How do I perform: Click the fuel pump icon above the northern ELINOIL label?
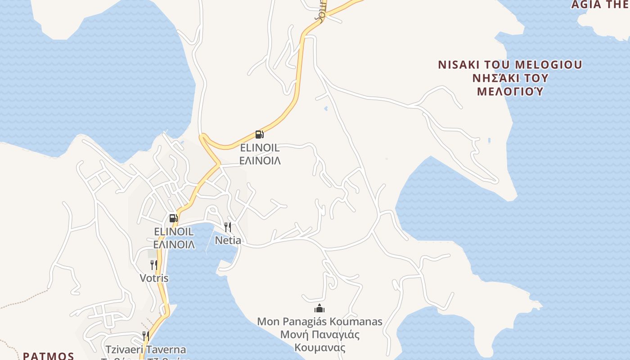point(259,134)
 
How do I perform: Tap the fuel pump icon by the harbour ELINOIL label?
point(173,218)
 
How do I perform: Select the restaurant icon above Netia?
point(228,227)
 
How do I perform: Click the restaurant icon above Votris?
point(154,265)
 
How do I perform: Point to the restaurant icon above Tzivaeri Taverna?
point(145,336)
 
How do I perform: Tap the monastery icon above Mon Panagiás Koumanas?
point(319,308)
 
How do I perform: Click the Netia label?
point(228,240)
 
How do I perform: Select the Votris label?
point(154,278)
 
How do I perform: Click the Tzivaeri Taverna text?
point(146,349)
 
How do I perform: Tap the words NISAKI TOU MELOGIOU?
point(510,64)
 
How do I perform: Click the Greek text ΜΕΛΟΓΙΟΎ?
point(510,91)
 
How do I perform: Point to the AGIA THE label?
point(600,4)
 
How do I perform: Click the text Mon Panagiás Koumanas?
point(319,322)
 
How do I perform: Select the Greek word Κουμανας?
point(319,348)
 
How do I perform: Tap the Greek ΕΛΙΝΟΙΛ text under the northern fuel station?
point(260,161)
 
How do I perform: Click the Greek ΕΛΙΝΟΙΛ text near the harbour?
point(174,245)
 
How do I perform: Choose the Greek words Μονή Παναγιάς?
point(319,335)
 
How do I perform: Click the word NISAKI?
point(457,64)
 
